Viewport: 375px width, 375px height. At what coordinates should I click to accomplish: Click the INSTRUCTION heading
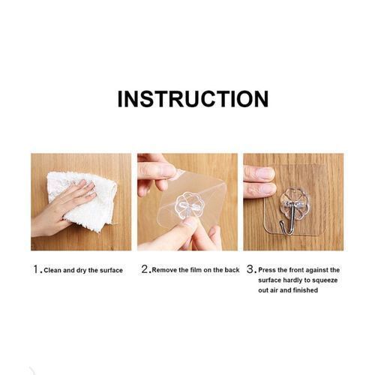click(193, 99)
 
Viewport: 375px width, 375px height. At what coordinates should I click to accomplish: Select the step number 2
click(145, 269)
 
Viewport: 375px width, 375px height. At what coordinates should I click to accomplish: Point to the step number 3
click(250, 269)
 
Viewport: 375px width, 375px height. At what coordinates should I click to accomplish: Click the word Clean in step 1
click(52, 270)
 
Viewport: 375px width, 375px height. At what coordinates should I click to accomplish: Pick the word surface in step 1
click(111, 271)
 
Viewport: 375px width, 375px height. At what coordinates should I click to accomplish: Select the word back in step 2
click(232, 270)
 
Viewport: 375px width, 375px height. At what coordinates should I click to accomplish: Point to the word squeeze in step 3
click(325, 280)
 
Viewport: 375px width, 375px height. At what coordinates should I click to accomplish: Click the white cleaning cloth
click(82, 200)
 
